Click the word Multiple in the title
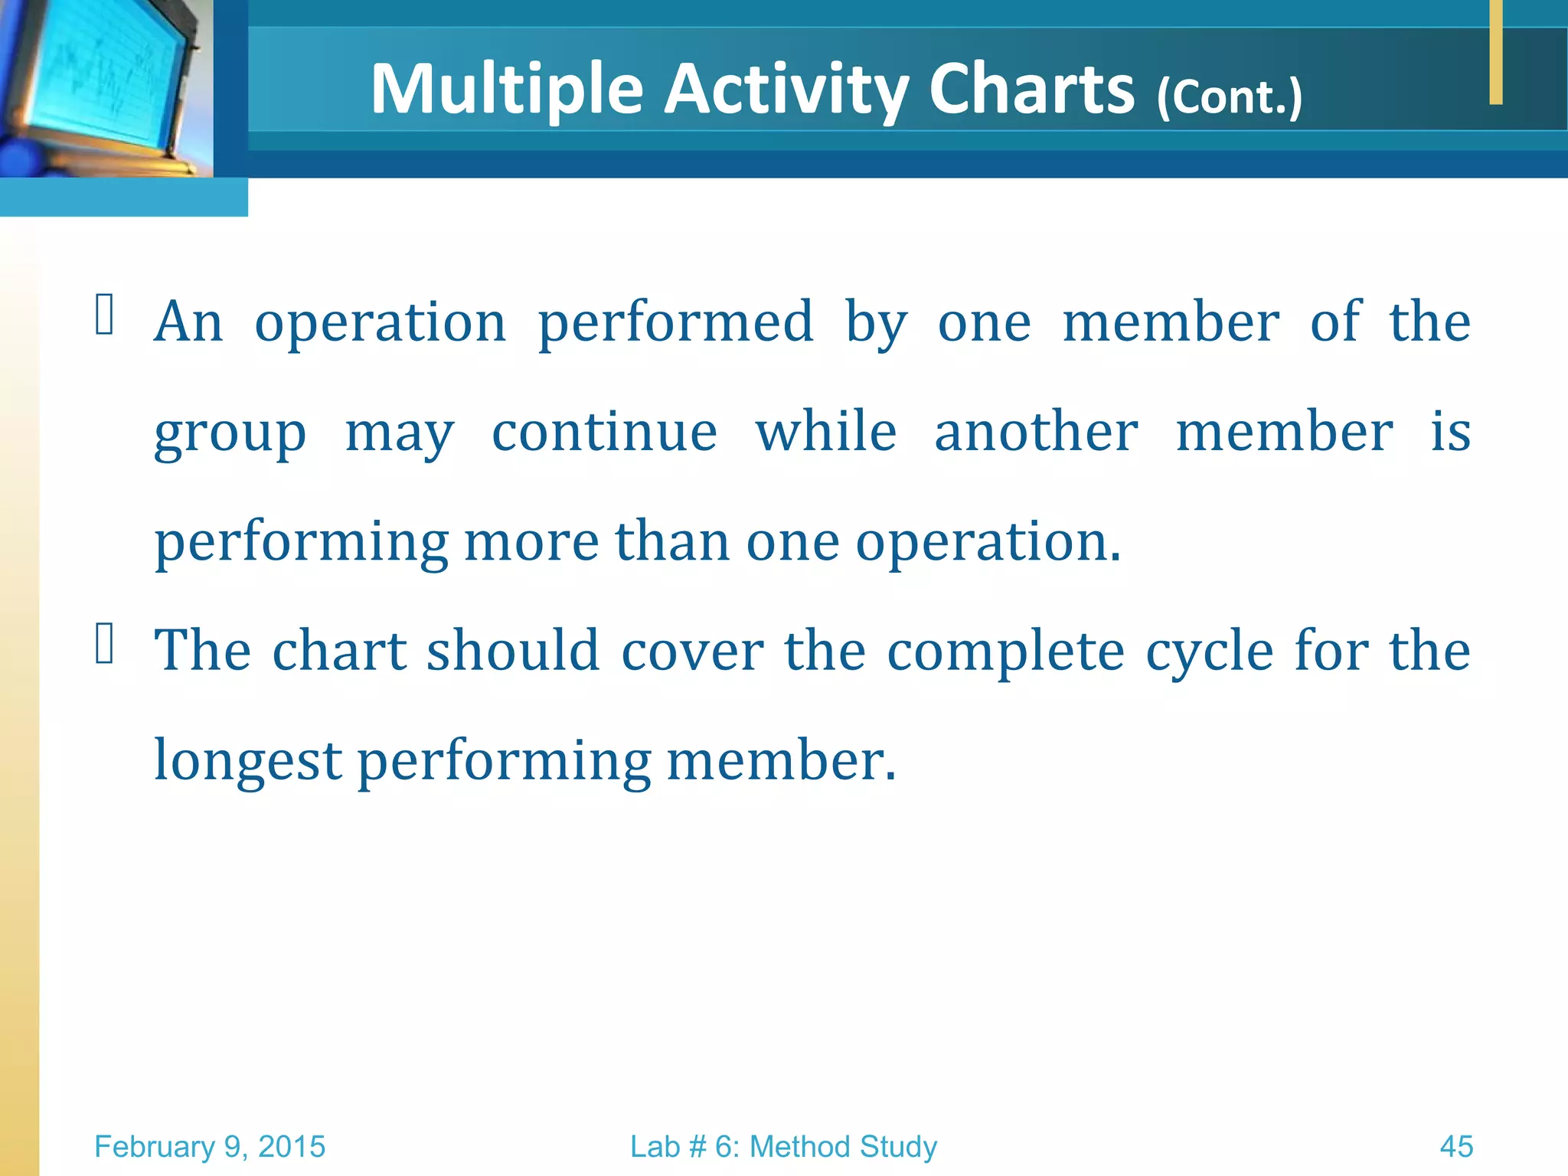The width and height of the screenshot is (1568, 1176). coord(506,90)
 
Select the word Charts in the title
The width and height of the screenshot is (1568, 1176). coord(1031,90)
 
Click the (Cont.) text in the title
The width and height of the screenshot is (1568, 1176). coord(1229,97)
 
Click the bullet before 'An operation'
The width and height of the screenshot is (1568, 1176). coord(104,315)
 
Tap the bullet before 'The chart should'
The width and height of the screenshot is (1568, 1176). coord(104,642)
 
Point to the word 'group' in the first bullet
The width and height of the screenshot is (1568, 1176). coord(230,433)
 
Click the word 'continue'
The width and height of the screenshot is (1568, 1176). coord(604,432)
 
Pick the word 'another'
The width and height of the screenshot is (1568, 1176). coord(1036,432)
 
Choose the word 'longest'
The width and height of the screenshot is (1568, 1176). coord(247,762)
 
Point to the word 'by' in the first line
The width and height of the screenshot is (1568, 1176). coord(876,324)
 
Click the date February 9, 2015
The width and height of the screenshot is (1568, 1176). coord(210,1147)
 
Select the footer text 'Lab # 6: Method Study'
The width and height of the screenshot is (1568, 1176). coord(783,1147)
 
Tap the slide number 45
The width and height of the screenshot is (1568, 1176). coord(1456,1147)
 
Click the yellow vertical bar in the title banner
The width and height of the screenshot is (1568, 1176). coord(1496,52)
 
